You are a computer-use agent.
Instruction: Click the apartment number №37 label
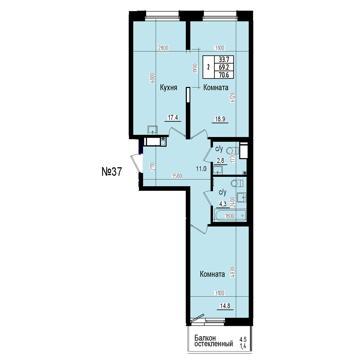pyautogui.click(x=112, y=172)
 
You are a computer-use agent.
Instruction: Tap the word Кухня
pyautogui.click(x=169, y=88)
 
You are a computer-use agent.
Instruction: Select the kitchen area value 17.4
pyautogui.click(x=173, y=118)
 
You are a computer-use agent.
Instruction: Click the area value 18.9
pyautogui.click(x=220, y=119)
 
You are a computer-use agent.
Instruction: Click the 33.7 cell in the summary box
pyautogui.click(x=224, y=60)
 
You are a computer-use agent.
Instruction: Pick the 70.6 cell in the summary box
pyautogui.click(x=224, y=75)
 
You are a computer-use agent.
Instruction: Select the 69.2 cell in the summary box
pyautogui.click(x=224, y=67)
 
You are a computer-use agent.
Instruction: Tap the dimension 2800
pyautogui.click(x=163, y=48)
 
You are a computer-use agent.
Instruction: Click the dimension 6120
pyautogui.click(x=233, y=97)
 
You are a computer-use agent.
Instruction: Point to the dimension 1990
pyautogui.click(x=195, y=68)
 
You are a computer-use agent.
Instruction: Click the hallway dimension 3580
pyautogui.click(x=177, y=176)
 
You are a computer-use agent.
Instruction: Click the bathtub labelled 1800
pyautogui.click(x=231, y=216)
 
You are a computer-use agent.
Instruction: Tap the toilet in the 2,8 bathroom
pyautogui.click(x=232, y=150)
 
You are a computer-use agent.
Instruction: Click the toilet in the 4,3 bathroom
pyautogui.click(x=237, y=183)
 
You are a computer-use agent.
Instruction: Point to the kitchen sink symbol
pyautogui.click(x=153, y=130)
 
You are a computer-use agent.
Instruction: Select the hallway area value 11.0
pyautogui.click(x=201, y=169)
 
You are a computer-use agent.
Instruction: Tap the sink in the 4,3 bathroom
pyautogui.click(x=242, y=197)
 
